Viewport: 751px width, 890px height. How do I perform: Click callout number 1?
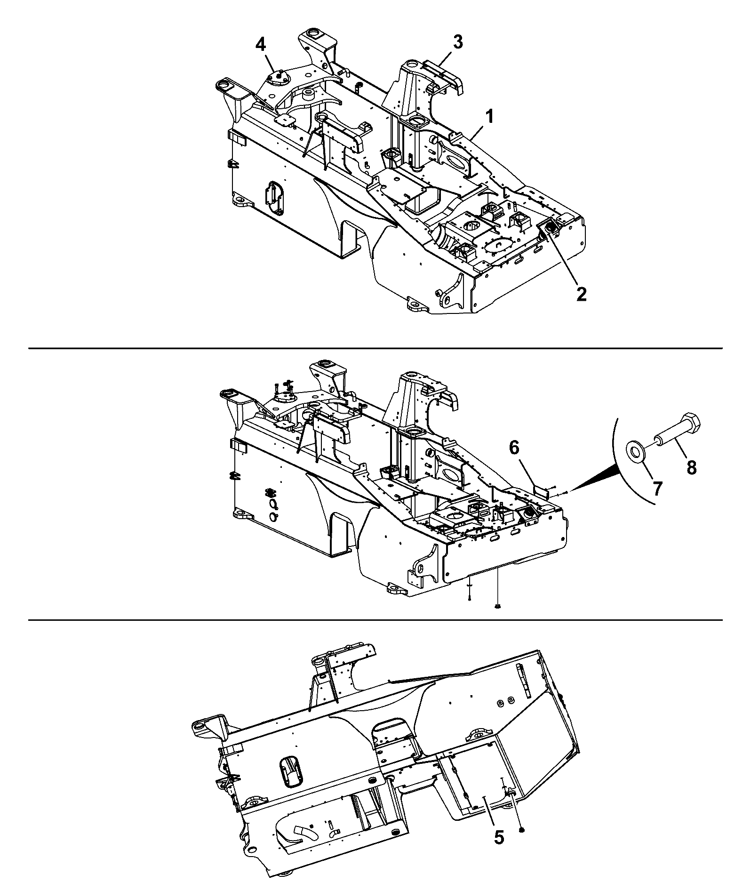(x=489, y=116)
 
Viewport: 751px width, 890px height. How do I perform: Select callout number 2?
(x=581, y=294)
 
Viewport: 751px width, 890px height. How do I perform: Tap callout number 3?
(x=457, y=42)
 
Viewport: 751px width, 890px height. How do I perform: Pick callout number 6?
(x=514, y=448)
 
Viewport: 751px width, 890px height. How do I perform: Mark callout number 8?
(x=691, y=468)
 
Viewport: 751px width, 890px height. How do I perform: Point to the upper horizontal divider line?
(x=375, y=348)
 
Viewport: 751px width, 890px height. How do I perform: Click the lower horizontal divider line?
(x=375, y=620)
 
